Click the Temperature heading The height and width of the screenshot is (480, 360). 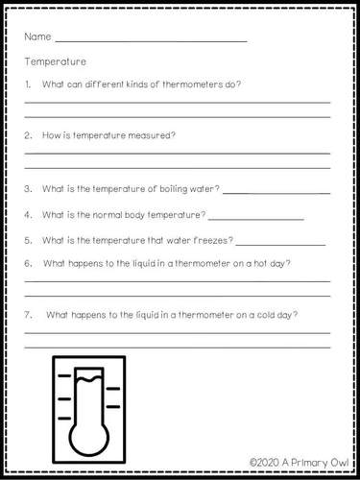(57, 61)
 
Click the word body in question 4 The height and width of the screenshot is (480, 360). (136, 214)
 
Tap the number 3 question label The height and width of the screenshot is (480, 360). (28, 188)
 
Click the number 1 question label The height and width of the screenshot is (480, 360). (28, 84)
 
